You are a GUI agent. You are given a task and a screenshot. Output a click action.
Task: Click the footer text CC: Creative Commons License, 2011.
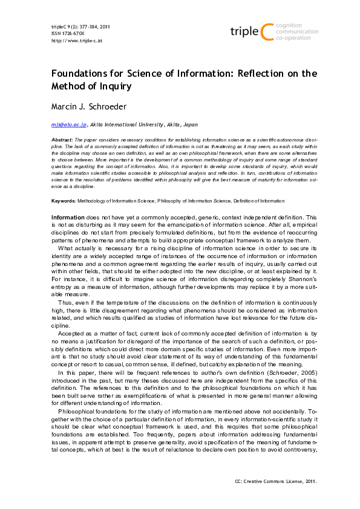tap(275, 481)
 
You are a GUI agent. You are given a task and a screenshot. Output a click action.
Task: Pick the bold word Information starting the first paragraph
tap(68, 216)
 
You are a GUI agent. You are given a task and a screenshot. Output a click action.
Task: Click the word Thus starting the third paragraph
tap(66, 301)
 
